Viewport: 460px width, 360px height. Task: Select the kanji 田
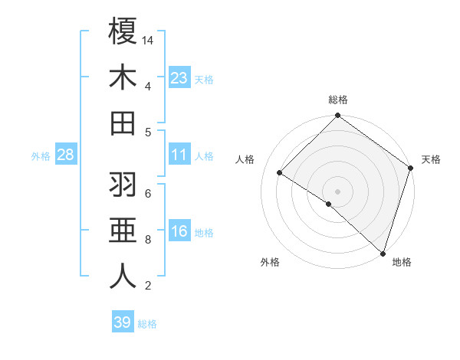tap(123, 123)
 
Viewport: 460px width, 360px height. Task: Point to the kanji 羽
tap(123, 185)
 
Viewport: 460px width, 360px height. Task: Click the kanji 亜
tap(123, 231)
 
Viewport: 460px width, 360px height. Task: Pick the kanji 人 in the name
tap(123, 277)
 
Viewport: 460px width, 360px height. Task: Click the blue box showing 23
tap(179, 77)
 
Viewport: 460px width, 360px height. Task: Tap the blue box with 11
tap(179, 155)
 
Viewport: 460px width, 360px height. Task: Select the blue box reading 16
tap(179, 231)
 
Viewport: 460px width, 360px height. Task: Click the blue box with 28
tap(65, 155)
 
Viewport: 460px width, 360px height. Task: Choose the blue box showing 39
tap(122, 322)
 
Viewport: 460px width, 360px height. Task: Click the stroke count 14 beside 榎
tap(148, 40)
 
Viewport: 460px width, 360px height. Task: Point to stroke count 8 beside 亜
tap(147, 240)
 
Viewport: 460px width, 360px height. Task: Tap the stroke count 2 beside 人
tap(147, 286)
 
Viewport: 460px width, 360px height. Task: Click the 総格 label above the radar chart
tap(338, 100)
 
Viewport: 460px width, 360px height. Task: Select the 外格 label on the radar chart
tap(270, 263)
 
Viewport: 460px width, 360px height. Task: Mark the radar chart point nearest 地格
tap(383, 253)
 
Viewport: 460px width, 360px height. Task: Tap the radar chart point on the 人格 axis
tap(280, 172)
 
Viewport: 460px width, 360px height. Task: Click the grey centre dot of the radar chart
tap(338, 191)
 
